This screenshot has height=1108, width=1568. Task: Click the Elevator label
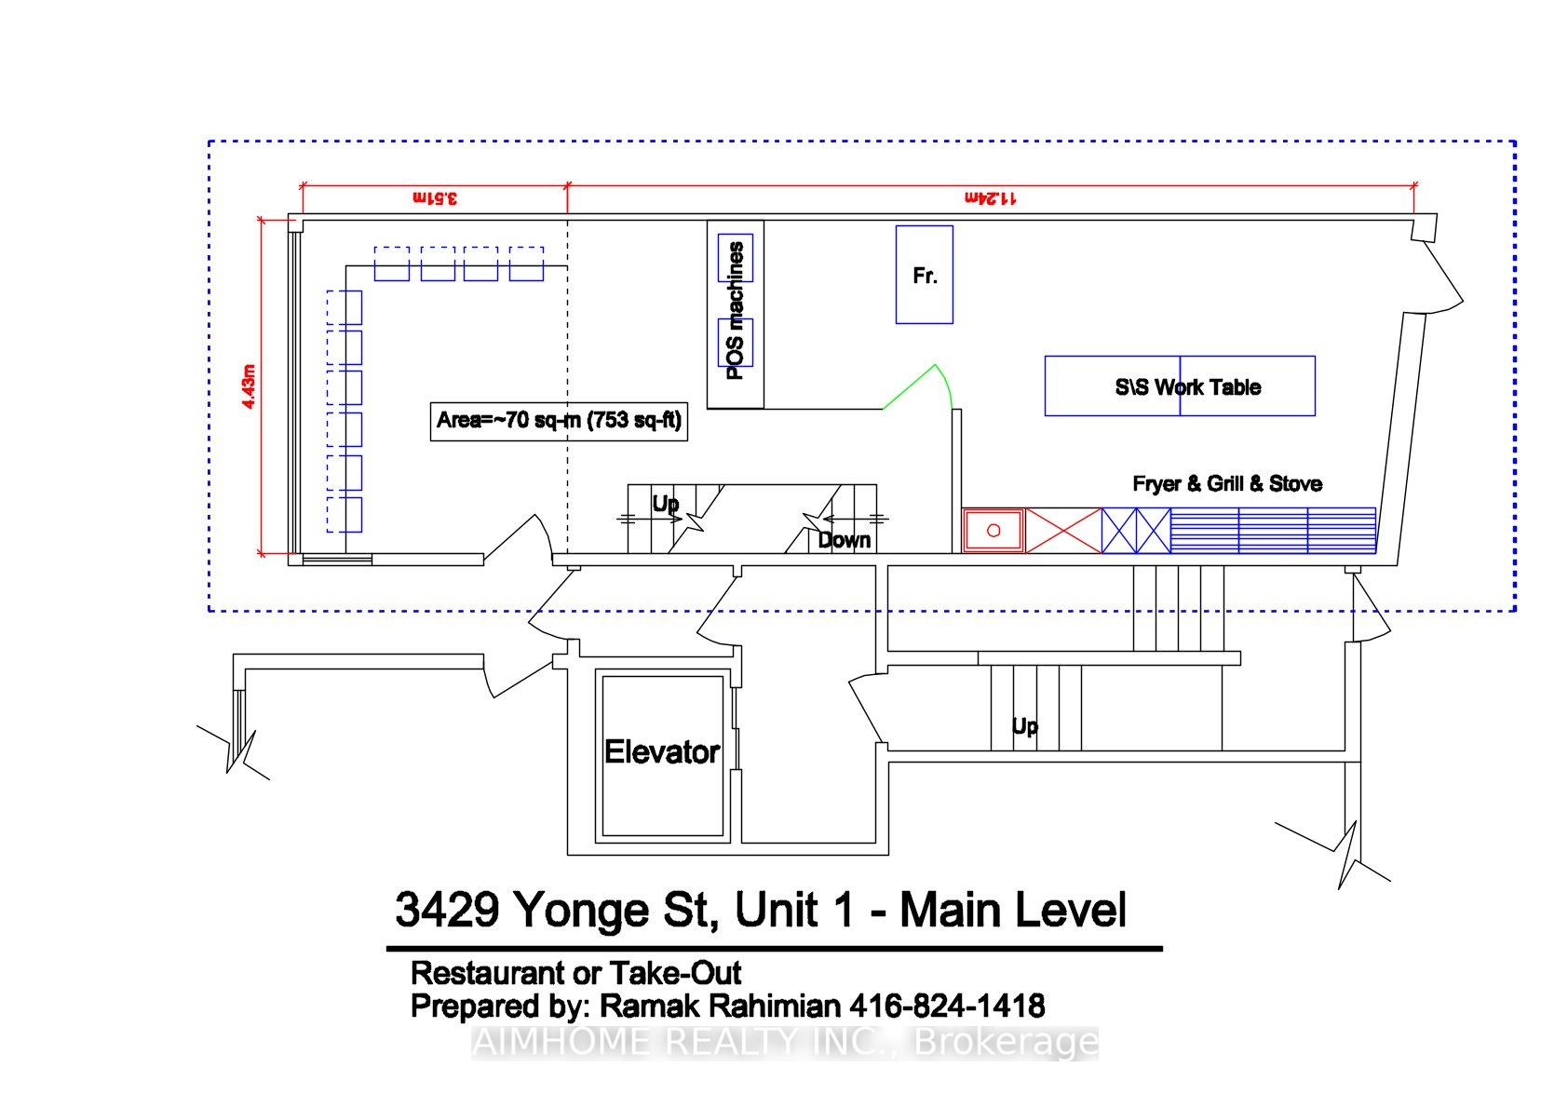click(662, 751)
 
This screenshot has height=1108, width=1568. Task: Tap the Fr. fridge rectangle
click(924, 275)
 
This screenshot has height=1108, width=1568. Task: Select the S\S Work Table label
click(1188, 387)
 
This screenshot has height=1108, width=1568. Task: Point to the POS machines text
click(735, 311)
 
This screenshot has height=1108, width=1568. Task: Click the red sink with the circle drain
click(994, 531)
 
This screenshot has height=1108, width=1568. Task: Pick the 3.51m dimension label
click(435, 198)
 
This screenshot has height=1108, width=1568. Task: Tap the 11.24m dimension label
click(991, 198)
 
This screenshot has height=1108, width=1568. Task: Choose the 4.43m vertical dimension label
click(249, 386)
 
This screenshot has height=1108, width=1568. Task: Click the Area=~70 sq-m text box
click(559, 421)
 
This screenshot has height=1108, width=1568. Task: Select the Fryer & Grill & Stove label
click(1227, 483)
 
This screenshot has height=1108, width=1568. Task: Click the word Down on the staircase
click(845, 540)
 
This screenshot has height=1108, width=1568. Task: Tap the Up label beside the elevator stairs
click(1025, 726)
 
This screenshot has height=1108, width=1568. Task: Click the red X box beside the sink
click(1063, 532)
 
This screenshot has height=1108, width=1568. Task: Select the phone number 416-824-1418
click(947, 1006)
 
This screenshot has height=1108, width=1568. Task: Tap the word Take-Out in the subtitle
click(675, 973)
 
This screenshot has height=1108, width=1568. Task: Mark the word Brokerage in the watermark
click(1007, 1042)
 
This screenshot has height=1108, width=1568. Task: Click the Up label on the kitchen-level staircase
click(665, 504)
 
